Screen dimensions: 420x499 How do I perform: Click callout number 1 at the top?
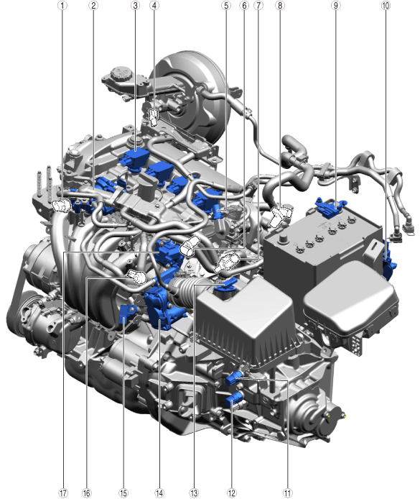click(62, 6)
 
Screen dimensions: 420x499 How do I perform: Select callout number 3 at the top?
click(136, 6)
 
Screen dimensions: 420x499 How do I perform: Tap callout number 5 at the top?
click(226, 6)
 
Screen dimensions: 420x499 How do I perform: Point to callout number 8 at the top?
click(280, 6)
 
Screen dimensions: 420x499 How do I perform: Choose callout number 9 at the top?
click(335, 6)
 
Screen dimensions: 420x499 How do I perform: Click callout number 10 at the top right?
click(386, 6)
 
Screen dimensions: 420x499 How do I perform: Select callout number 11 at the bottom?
click(287, 493)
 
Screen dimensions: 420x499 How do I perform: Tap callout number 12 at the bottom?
click(232, 493)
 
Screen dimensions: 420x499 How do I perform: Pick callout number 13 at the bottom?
click(194, 493)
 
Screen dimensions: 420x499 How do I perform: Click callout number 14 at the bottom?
click(159, 493)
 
